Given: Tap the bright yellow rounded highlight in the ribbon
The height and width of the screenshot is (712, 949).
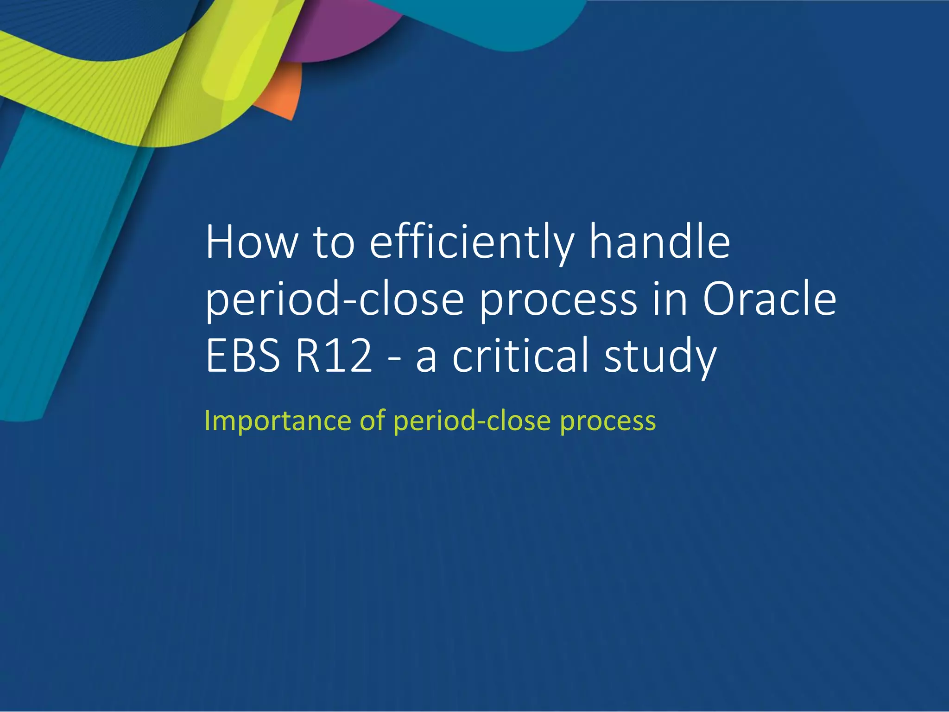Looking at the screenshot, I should point(234,60).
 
